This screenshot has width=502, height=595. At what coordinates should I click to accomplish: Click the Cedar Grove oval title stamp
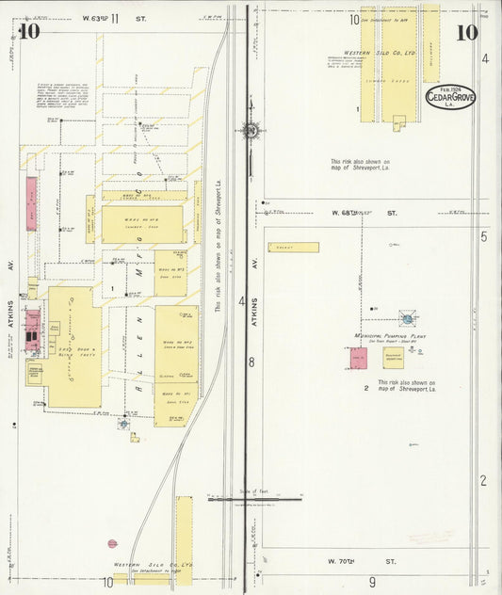(x=450, y=97)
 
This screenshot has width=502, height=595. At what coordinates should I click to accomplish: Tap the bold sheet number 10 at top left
(x=29, y=31)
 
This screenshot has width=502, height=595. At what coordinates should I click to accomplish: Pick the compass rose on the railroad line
(x=251, y=130)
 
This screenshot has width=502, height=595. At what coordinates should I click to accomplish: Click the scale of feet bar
(x=254, y=499)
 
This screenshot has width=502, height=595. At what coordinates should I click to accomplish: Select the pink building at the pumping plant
(x=359, y=358)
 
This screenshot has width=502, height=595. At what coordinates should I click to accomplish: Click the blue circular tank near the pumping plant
(x=407, y=318)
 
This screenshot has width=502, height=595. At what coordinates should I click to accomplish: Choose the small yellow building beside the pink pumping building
(x=393, y=358)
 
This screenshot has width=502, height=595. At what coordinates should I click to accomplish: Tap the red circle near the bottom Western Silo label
(x=112, y=543)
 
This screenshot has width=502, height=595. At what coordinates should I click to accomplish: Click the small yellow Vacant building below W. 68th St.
(x=293, y=248)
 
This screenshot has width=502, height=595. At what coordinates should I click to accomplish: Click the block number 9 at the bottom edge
(x=372, y=582)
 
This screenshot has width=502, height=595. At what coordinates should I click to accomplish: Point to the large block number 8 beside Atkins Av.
(x=251, y=362)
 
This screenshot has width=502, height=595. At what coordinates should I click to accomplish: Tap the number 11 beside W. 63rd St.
(x=115, y=18)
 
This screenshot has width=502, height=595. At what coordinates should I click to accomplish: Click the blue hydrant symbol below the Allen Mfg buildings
(x=123, y=424)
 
